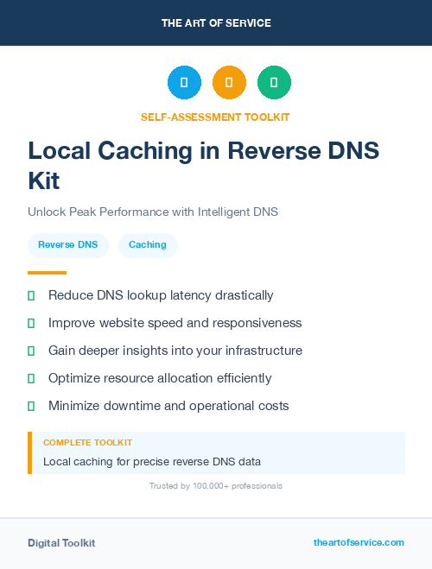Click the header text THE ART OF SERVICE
point(216,23)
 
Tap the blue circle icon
point(184,83)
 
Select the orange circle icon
point(229,83)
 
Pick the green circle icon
point(274,83)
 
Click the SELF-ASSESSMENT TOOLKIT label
point(215,117)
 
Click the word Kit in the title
point(44,181)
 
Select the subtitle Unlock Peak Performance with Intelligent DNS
point(153,212)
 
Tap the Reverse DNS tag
point(68,245)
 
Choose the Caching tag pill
point(148,245)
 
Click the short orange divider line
point(48,273)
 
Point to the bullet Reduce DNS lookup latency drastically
point(161,295)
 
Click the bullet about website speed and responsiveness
point(175,323)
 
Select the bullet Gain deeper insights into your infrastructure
point(175,351)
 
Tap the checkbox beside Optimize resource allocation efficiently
point(31,378)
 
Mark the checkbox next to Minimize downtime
point(31,406)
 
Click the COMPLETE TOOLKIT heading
point(87,443)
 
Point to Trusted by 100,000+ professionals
point(216,486)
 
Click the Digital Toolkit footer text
point(61,543)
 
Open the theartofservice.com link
point(359,542)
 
